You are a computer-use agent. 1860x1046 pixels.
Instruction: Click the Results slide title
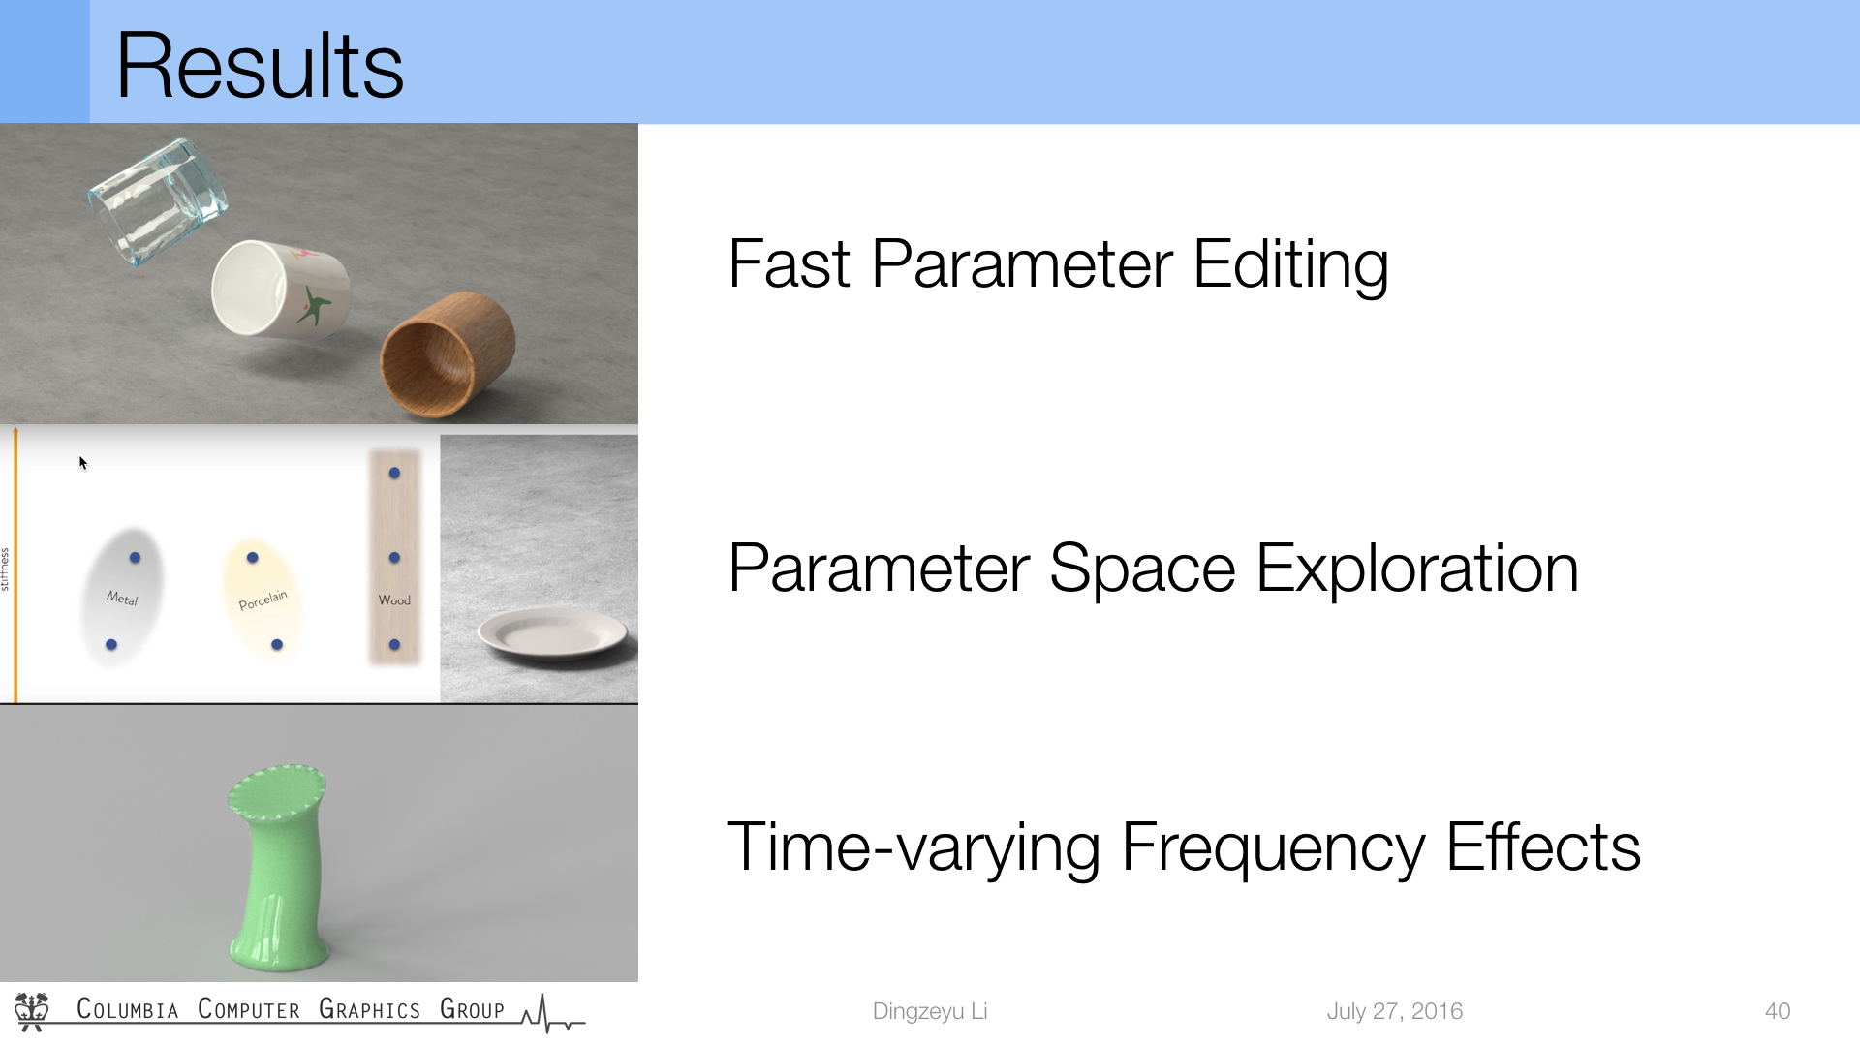260,66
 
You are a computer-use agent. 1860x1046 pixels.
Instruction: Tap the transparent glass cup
158,200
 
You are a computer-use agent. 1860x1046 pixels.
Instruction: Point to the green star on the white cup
313,305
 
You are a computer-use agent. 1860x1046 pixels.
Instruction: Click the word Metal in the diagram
122,599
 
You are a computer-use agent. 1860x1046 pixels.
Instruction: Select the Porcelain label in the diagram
263,600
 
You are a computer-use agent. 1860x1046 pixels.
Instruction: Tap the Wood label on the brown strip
394,600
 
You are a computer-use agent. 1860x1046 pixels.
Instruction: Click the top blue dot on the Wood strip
394,474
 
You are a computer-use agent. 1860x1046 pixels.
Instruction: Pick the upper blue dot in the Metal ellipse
135,558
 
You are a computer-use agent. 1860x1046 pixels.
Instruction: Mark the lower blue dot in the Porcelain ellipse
277,645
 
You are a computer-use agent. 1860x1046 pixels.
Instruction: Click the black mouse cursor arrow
83,463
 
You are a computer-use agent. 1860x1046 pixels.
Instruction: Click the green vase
279,867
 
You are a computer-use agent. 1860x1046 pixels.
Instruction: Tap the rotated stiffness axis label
5,569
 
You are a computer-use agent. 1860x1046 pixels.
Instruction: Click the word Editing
1290,265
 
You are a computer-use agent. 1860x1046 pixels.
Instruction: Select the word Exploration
1417,569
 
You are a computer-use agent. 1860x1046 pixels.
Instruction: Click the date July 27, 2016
1394,1011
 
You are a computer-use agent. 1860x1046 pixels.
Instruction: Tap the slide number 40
1778,1011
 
